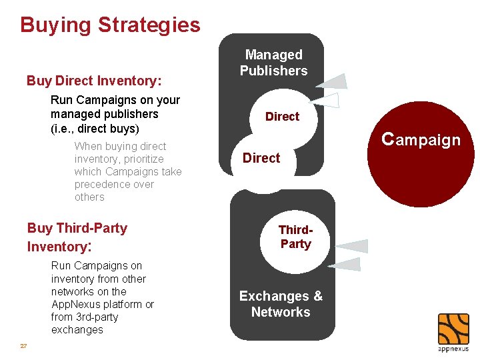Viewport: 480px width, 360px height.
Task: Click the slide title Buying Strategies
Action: pos(110,25)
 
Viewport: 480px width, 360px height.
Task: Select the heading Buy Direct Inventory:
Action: pos(94,81)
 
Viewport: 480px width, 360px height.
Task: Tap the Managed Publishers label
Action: pos(274,63)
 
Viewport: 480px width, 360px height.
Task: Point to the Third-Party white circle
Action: pos(295,238)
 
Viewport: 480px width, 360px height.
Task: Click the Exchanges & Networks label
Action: pos(281,304)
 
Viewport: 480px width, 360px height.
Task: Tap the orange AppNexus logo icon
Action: pos(453,329)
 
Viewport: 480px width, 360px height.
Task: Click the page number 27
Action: pos(23,346)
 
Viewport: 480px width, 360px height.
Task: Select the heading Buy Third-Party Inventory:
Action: pos(77,237)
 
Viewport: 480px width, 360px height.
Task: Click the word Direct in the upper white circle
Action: pos(282,117)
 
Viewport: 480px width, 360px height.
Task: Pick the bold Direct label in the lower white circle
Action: pos(261,158)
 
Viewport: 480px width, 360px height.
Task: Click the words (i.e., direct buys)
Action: pos(95,128)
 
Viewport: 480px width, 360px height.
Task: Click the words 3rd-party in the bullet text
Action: pos(96,317)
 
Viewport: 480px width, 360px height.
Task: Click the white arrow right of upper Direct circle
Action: pos(329,101)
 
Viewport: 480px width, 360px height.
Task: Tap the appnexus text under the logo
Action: pos(453,349)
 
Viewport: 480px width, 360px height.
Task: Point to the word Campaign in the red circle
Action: pos(421,139)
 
